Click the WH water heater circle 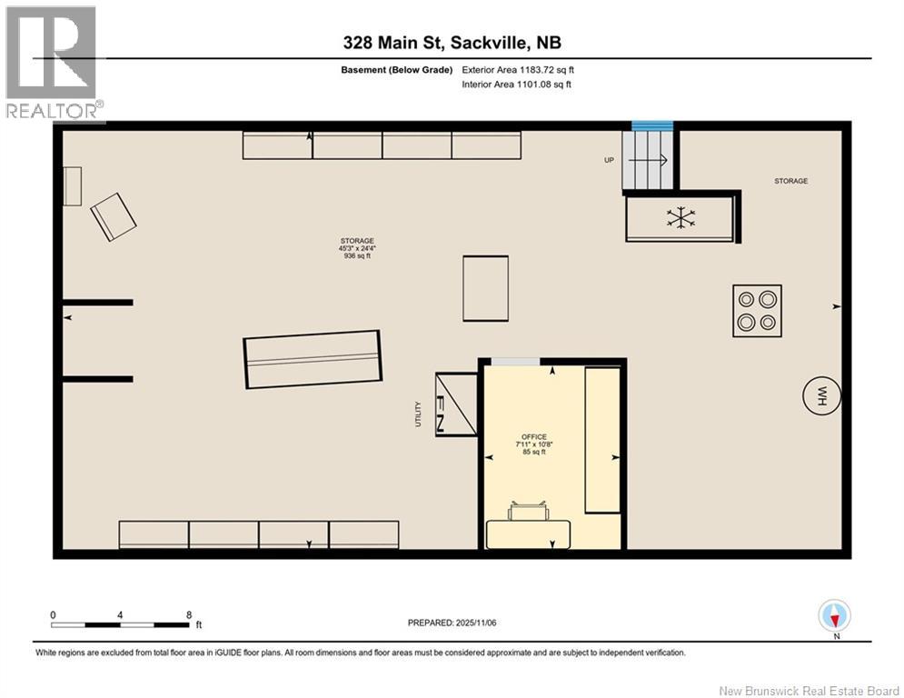(x=821, y=396)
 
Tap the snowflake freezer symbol (x=680, y=217)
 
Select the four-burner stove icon (x=757, y=311)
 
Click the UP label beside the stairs (x=609, y=160)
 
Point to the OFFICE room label (x=534, y=437)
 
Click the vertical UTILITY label (x=418, y=414)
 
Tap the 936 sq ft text (x=356, y=257)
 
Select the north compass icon (x=834, y=616)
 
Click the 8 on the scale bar (x=188, y=614)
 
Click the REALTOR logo (x=52, y=62)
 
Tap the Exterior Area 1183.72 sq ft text (x=518, y=69)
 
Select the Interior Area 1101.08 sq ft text (x=516, y=85)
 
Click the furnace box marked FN (x=456, y=404)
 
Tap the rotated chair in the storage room (x=114, y=216)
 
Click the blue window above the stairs (x=651, y=125)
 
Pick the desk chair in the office (x=529, y=513)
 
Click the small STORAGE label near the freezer (x=790, y=181)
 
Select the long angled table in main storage (x=312, y=359)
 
